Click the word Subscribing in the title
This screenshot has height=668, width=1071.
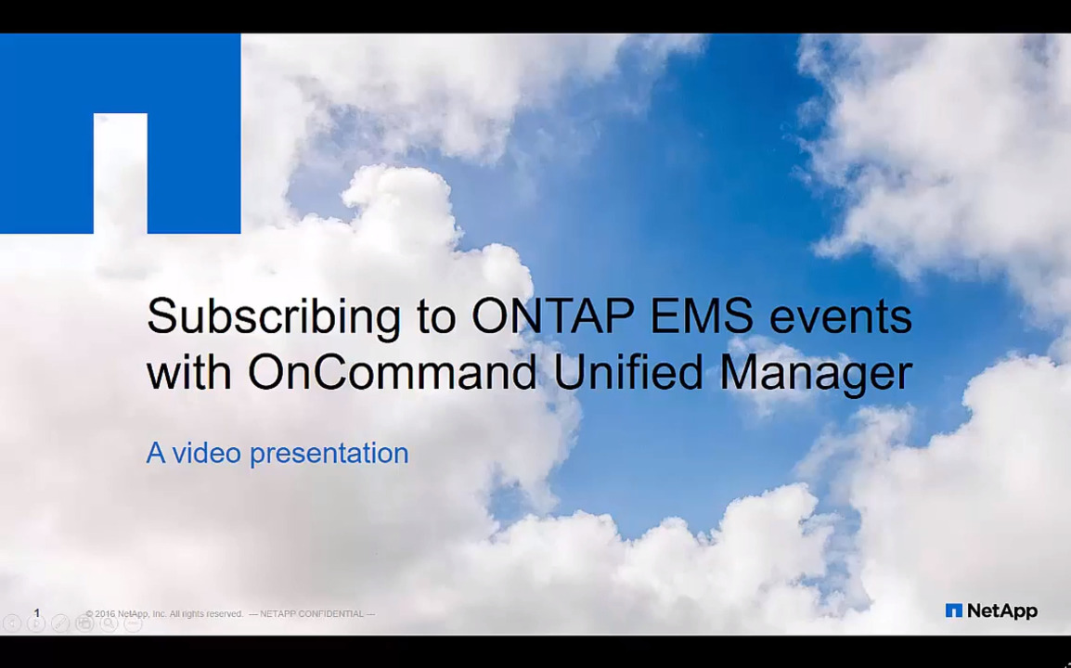[x=274, y=317]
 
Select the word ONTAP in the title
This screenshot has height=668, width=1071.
[x=552, y=315]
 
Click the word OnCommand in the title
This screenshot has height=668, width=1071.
[x=392, y=372]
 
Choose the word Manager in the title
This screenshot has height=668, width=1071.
[x=816, y=375]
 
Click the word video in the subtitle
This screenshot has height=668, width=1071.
[x=206, y=453]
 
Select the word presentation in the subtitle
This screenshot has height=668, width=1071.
[x=329, y=455]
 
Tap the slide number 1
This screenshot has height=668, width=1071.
[x=37, y=613]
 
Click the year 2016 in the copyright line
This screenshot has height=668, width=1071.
[x=105, y=614]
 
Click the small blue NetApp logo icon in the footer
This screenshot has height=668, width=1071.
[x=953, y=610]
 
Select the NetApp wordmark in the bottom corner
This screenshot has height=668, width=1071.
[x=1002, y=611]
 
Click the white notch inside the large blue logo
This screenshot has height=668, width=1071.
[x=121, y=173]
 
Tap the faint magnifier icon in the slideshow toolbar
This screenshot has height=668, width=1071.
[x=109, y=623]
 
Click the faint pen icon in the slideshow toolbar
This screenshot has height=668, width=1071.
[x=60, y=623]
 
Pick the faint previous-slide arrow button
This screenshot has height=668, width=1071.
[x=12, y=623]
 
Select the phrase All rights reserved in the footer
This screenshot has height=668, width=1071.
[x=206, y=614]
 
